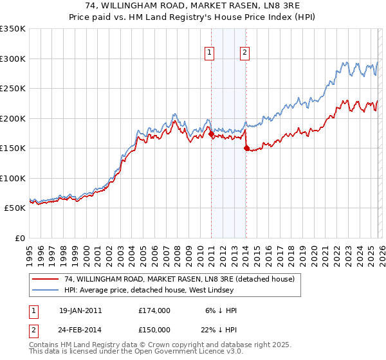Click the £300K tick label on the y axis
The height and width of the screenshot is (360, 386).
pos(13,59)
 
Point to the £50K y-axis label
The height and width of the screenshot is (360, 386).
pos(15,208)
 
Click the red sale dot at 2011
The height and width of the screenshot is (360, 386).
pos(211,134)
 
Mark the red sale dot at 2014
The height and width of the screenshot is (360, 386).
pos(246,148)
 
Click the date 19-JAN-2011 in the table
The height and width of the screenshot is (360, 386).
pos(80,310)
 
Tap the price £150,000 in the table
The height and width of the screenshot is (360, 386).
pos(154,329)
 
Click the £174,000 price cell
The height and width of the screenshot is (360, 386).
pos(154,310)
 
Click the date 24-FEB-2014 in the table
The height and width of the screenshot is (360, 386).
pos(80,329)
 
